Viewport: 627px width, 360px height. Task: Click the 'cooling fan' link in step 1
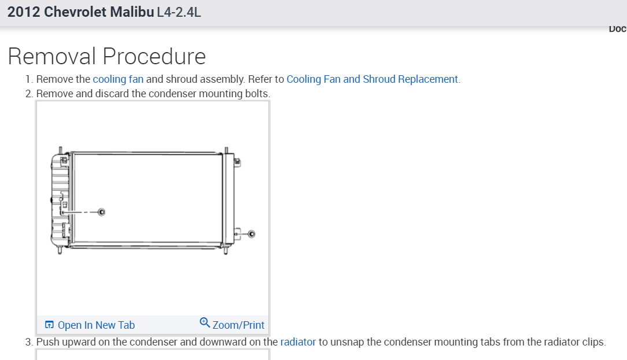(118, 79)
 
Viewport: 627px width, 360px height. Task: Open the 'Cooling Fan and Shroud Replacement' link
(372, 79)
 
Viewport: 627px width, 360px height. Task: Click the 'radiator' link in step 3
(298, 342)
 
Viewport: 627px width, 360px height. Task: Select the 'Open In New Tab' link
(96, 325)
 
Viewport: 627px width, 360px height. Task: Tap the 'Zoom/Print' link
(238, 325)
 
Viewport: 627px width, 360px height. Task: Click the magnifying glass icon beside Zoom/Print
(205, 322)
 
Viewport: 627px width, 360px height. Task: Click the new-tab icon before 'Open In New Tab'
(50, 325)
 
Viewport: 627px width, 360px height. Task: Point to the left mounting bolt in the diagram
(102, 212)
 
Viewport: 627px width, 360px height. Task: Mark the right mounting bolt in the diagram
(251, 234)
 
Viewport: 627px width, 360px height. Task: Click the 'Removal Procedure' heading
(107, 57)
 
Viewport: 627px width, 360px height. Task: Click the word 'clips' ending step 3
(592, 342)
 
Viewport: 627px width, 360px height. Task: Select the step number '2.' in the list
(29, 94)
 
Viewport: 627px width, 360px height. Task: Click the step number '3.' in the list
(29, 342)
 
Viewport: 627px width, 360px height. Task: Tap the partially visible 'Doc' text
(617, 28)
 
